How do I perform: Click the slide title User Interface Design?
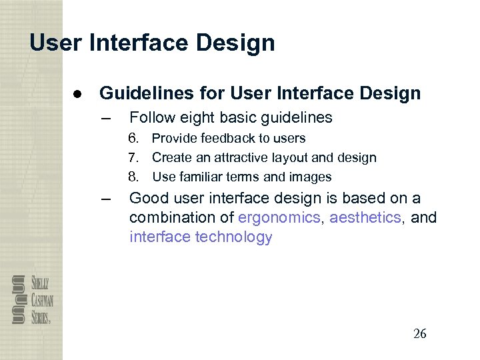point(152,43)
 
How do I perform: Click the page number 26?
point(419,334)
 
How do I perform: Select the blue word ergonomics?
point(279,218)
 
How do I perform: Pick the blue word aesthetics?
point(365,218)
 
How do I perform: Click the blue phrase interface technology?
point(201,237)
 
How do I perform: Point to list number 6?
point(134,139)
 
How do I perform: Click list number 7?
point(134,158)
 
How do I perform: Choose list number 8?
point(134,177)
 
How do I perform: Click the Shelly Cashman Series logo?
point(31,299)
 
